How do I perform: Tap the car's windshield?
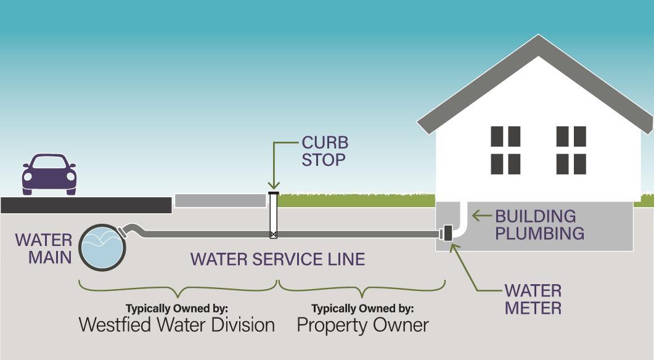click(49, 163)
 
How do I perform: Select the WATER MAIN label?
click(43, 248)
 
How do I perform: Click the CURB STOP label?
click(325, 152)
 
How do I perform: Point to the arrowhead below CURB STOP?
click(274, 186)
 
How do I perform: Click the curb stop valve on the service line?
click(274, 234)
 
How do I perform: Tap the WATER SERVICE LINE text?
click(277, 259)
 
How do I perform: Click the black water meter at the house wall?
click(446, 234)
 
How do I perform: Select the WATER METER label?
click(533, 299)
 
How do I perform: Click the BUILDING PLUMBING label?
click(539, 225)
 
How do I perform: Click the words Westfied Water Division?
click(177, 325)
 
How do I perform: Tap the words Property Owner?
click(362, 325)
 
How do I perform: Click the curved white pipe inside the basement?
click(461, 222)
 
